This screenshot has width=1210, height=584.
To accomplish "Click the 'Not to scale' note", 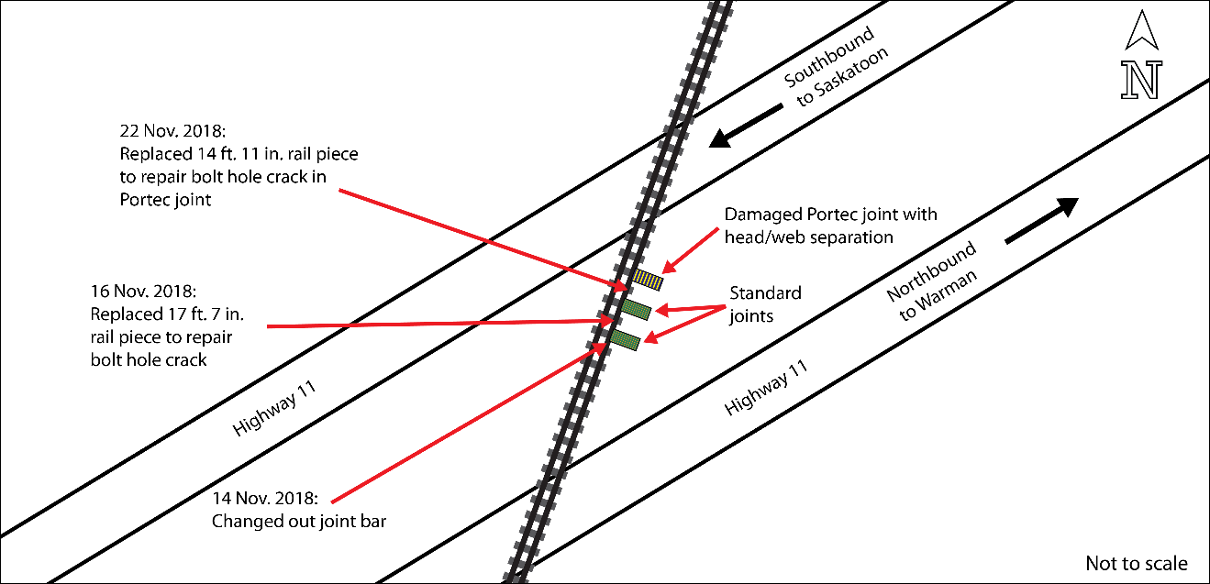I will tap(1136, 563).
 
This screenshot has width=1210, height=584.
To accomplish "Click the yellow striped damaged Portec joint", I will tap(648, 279).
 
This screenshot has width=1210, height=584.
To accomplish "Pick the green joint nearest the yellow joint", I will tap(636, 308).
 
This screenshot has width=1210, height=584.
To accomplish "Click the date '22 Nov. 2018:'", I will tap(172, 129).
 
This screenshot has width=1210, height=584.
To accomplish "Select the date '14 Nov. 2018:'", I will tap(265, 501).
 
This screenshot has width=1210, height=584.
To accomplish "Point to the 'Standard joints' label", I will tap(765, 303).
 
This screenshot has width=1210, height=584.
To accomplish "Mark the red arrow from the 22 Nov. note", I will tap(477, 237).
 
